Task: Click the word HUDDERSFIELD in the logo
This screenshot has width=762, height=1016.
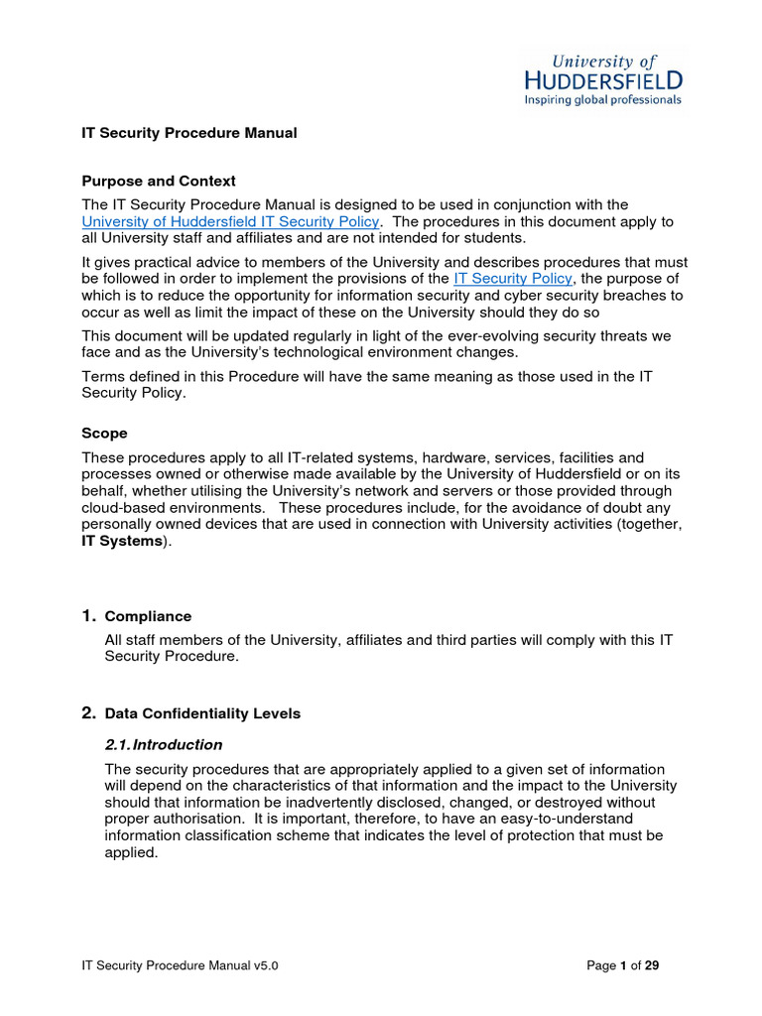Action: tap(603, 79)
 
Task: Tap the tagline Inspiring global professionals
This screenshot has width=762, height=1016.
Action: tap(603, 100)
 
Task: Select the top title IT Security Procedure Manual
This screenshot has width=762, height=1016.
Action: tap(189, 133)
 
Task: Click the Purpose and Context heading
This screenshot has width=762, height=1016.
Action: tap(159, 182)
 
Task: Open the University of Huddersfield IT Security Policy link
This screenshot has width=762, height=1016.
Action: tap(231, 222)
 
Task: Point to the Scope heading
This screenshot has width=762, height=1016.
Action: tap(104, 434)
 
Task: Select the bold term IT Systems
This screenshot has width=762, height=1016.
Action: tap(120, 541)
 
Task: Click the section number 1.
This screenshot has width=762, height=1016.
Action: tap(88, 616)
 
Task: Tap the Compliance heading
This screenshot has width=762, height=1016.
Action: tap(148, 617)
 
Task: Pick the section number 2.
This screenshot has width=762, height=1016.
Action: tap(88, 713)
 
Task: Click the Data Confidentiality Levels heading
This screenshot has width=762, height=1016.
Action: tap(202, 714)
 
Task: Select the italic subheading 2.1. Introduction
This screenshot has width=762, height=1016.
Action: tap(164, 745)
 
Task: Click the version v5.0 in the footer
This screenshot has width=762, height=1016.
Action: tap(263, 965)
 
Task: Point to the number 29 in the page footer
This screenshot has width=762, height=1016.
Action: tap(652, 965)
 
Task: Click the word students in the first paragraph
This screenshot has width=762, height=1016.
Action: tap(497, 238)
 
